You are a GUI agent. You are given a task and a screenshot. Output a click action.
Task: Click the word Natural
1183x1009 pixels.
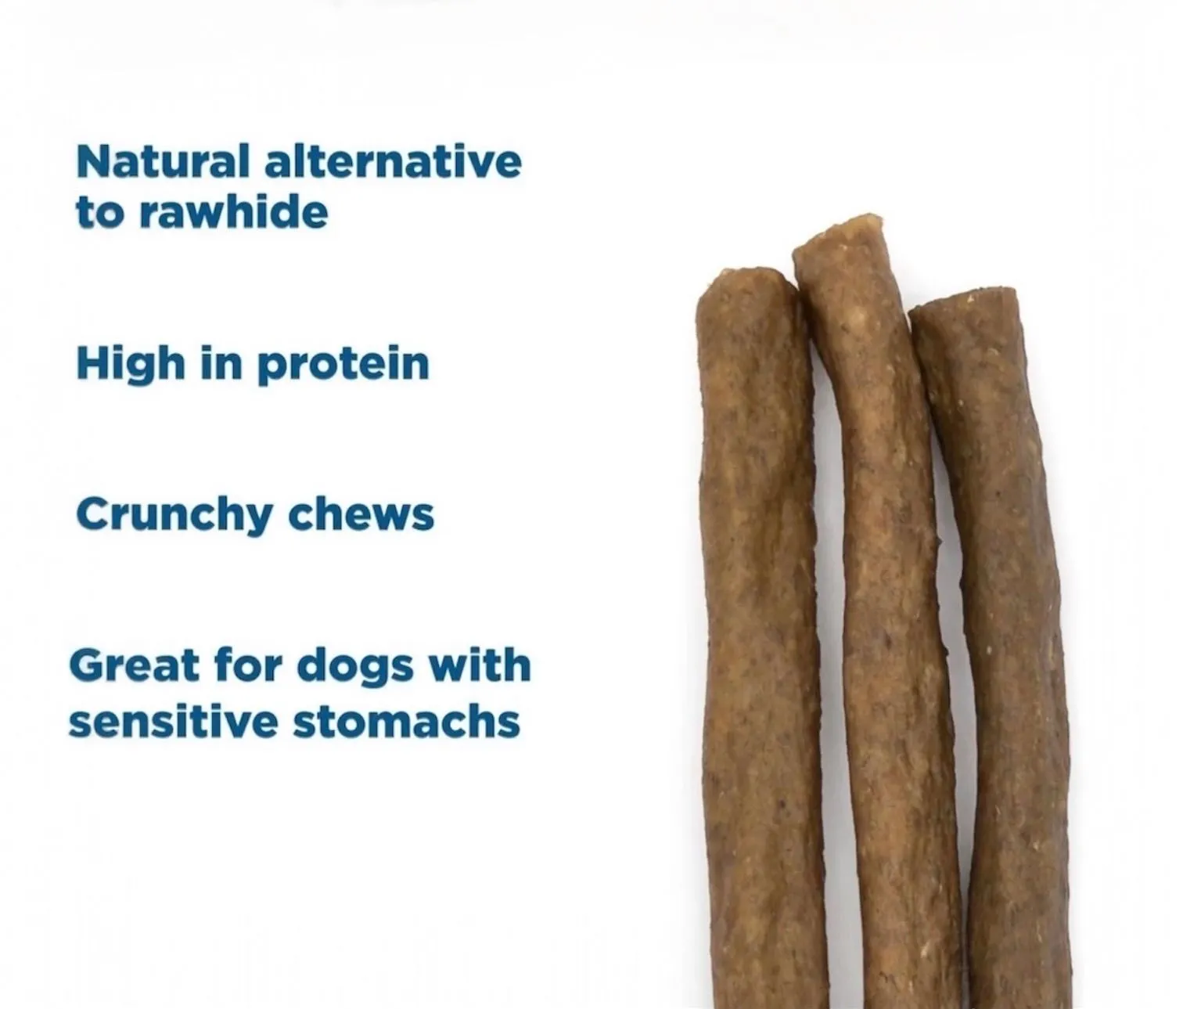[x=163, y=161]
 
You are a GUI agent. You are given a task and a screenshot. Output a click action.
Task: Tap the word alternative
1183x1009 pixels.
[x=394, y=161]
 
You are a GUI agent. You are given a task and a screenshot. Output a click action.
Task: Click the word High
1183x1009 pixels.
[x=131, y=365]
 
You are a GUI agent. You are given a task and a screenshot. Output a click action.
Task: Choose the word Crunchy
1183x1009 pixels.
[x=174, y=515]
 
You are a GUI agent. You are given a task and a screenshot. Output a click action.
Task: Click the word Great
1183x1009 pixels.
[x=135, y=666]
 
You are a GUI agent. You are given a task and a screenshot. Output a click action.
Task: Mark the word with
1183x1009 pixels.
[x=480, y=665]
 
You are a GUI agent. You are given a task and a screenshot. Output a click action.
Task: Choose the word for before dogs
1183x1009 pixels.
[x=249, y=665]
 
